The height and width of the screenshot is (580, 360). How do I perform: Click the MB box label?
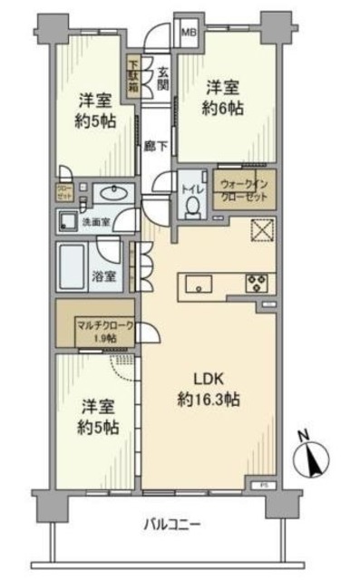click(x=189, y=34)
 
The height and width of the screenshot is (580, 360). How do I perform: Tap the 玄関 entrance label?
click(x=163, y=80)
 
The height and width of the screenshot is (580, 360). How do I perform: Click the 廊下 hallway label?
click(x=153, y=145)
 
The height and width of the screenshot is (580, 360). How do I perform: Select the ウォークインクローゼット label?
click(x=244, y=188)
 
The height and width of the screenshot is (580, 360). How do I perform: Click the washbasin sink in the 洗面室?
click(x=112, y=193)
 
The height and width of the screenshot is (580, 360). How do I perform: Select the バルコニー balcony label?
click(x=170, y=523)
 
